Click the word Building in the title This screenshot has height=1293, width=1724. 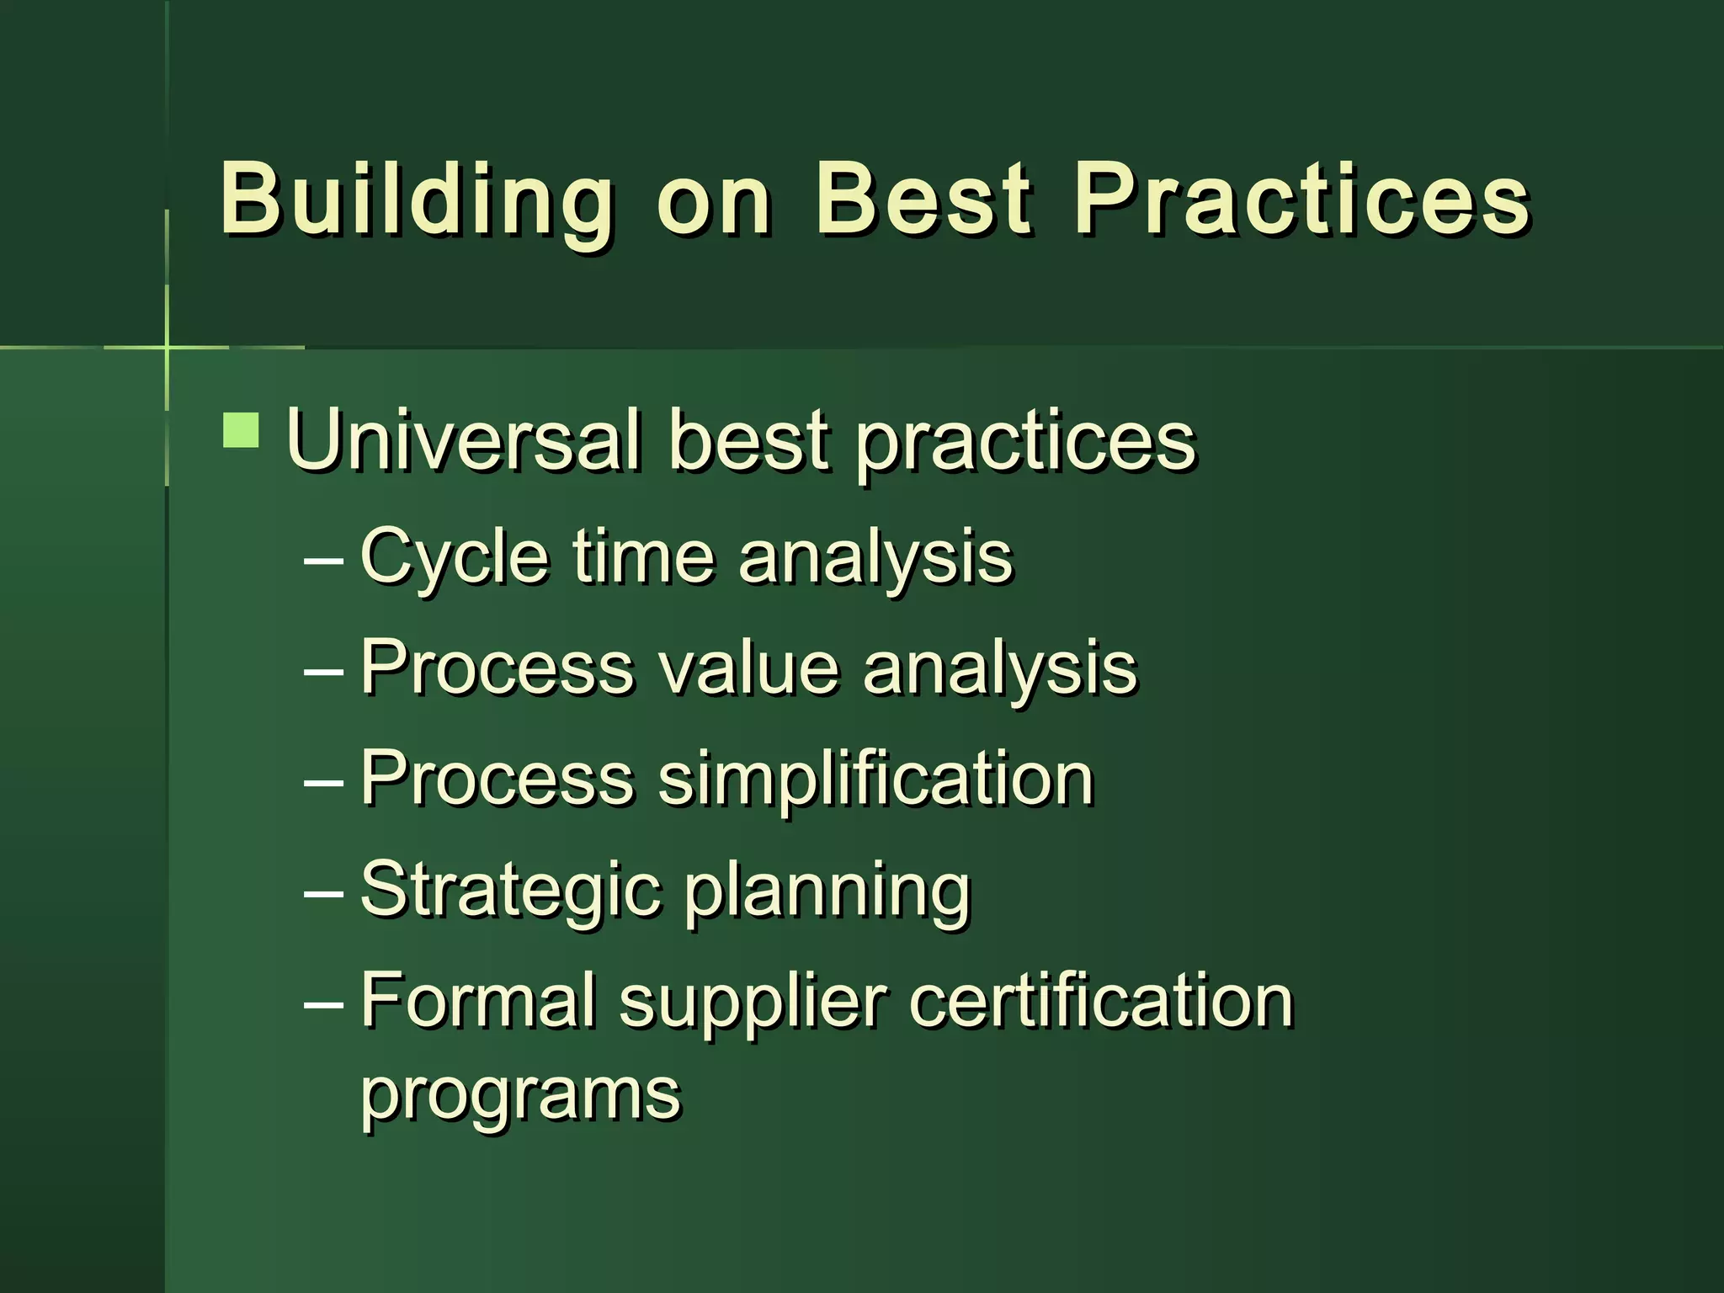pos(417,199)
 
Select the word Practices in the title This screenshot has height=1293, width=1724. pos(1302,199)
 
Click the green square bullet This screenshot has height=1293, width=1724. pos(242,430)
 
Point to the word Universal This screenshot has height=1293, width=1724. pos(464,440)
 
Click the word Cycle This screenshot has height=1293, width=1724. pos(454,556)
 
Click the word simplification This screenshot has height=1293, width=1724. pos(875,779)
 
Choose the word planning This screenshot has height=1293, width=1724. pos(827,891)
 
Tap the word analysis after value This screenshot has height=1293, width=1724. pos(1000,668)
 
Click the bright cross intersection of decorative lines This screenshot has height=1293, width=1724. pos(167,347)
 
